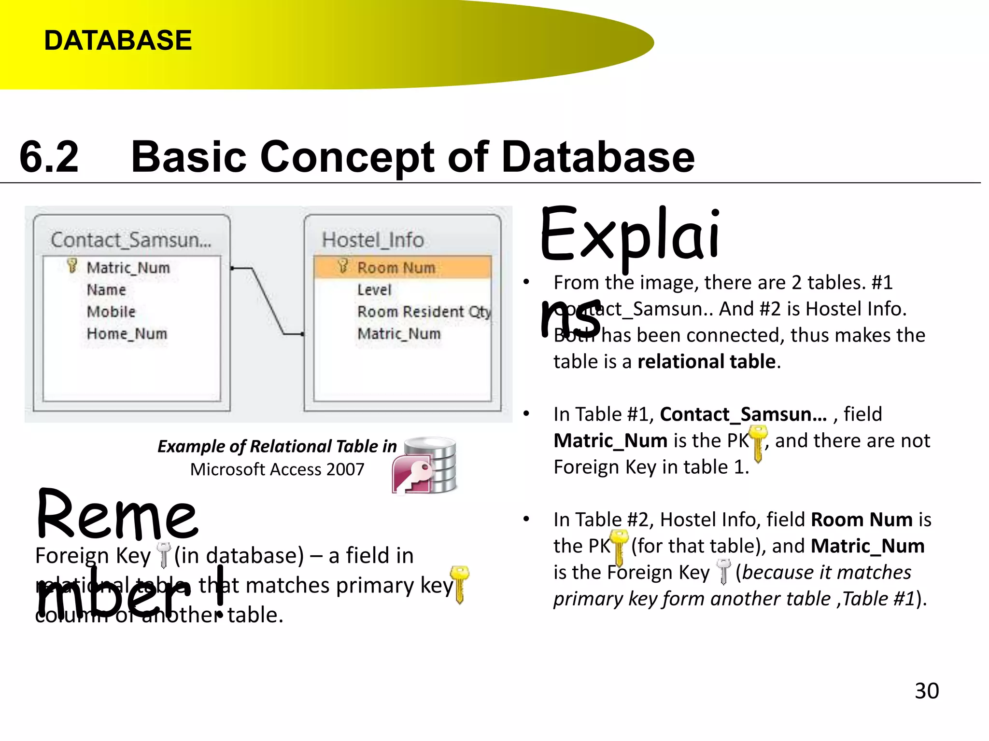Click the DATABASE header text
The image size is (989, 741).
pyautogui.click(x=118, y=40)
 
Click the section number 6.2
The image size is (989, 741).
pyautogui.click(x=49, y=157)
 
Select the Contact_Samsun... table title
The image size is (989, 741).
pyautogui.click(x=131, y=240)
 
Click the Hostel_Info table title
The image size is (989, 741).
pyautogui.click(x=373, y=240)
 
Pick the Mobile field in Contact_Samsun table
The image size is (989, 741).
pyautogui.click(x=111, y=312)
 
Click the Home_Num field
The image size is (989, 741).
pyautogui.click(x=127, y=334)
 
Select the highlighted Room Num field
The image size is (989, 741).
pyautogui.click(x=396, y=267)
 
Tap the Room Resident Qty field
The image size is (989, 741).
pyautogui.click(x=424, y=312)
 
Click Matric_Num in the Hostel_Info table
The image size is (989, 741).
pyautogui.click(x=399, y=334)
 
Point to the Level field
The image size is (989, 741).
pyautogui.click(x=374, y=289)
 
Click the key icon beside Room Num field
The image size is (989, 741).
pyautogui.click(x=343, y=266)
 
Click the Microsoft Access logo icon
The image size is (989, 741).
pyautogui.click(x=425, y=467)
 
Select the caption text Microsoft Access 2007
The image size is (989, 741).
pyautogui.click(x=277, y=469)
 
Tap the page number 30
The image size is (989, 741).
pyautogui.click(x=926, y=691)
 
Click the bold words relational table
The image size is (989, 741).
pyautogui.click(x=706, y=361)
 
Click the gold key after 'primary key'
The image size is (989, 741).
pyautogui.click(x=459, y=584)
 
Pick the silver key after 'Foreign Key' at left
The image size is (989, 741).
pyautogui.click(x=164, y=555)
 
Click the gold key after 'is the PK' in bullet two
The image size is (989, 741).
pyautogui.click(x=759, y=443)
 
